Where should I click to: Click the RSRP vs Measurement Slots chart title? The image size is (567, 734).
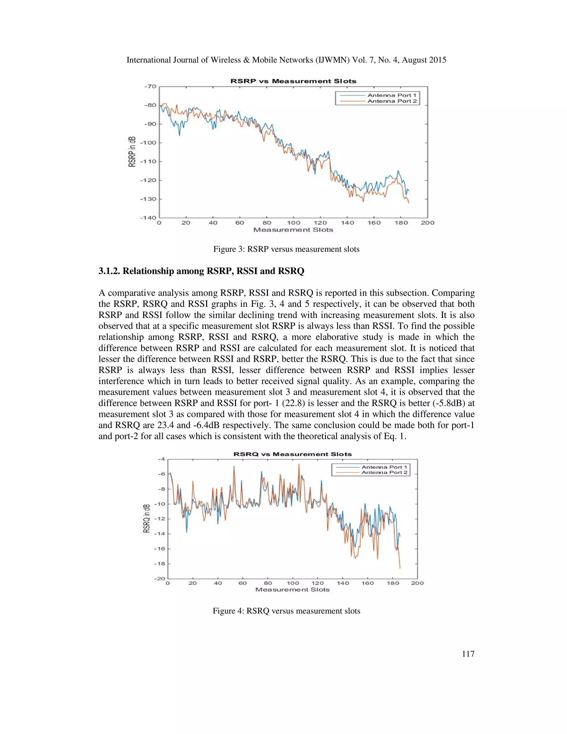click(x=293, y=81)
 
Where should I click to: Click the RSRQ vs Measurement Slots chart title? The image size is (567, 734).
click(x=292, y=454)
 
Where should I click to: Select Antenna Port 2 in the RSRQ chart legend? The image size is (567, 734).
click(x=384, y=472)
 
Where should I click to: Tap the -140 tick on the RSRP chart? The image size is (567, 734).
click(x=148, y=218)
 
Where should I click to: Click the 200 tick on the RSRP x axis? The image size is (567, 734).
click(x=427, y=223)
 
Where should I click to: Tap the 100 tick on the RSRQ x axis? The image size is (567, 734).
click(x=293, y=583)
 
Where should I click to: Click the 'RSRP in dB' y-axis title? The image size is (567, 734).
click(x=132, y=152)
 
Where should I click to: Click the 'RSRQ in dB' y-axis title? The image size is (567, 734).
click(x=146, y=518)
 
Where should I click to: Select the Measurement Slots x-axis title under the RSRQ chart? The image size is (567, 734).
click(x=292, y=589)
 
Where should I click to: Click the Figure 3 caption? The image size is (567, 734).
click(x=286, y=249)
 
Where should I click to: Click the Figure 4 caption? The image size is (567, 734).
click(x=286, y=611)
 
